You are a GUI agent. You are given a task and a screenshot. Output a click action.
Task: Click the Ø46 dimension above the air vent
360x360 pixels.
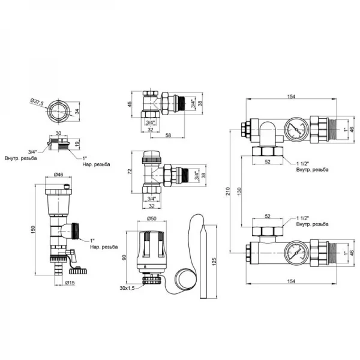pos(58,175)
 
